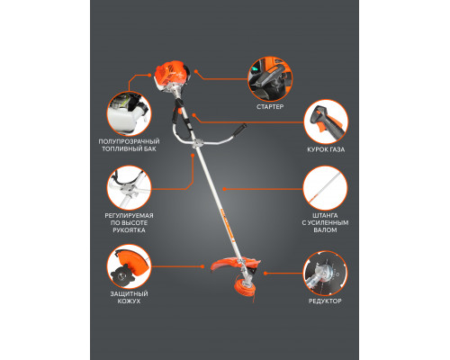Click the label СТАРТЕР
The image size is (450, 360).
tap(270, 106)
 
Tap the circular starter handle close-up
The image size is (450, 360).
tap(270, 79)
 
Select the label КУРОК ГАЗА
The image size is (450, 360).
tap(326, 149)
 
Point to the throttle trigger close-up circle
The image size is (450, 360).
tap(326, 121)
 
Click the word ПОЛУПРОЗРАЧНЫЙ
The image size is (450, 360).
tap(129, 141)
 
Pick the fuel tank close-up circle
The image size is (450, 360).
tap(129, 113)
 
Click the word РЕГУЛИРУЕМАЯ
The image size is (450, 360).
tap(129, 215)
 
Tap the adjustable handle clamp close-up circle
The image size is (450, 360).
tap(129, 188)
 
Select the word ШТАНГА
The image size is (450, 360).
tap(325, 215)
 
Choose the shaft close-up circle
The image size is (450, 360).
tap(325, 188)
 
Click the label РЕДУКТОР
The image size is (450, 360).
tap(325, 301)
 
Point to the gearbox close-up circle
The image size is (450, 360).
tap(325, 274)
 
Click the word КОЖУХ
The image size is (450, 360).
tap(129, 301)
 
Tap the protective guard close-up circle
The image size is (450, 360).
tap(129, 266)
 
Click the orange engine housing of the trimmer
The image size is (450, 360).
tap(169, 74)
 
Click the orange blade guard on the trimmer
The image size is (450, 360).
tap(222, 265)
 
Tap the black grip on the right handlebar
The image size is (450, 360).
tap(240, 129)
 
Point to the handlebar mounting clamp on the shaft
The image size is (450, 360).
tap(197, 143)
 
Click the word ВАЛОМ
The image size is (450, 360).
tap(325, 230)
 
